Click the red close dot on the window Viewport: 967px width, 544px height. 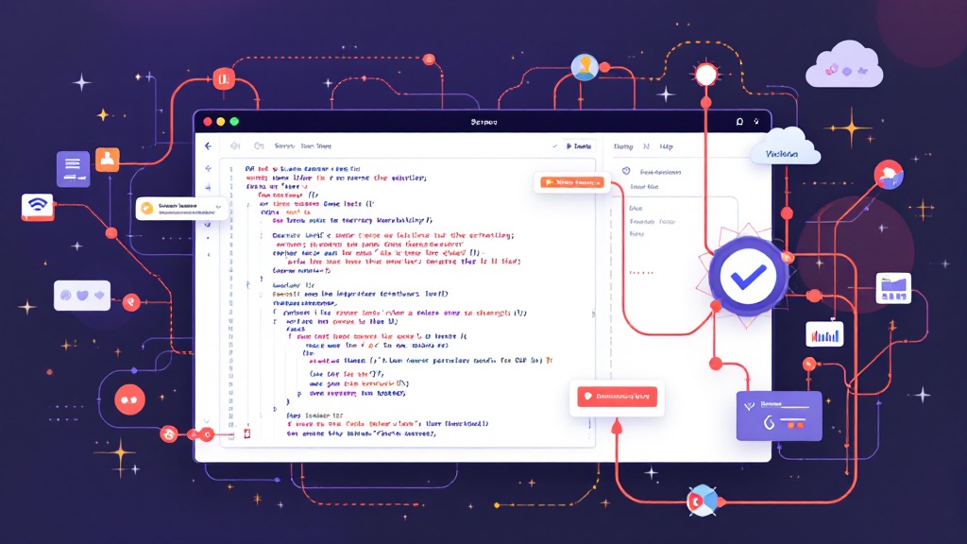coord(207,122)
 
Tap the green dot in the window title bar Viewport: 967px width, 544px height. coord(234,122)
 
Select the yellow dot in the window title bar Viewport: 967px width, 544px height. coord(221,122)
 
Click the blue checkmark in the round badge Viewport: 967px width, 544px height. coord(747,275)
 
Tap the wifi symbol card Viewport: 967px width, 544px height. coord(38,207)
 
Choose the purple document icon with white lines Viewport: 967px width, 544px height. coord(73,168)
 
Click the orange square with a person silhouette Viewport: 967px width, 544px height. coord(108,159)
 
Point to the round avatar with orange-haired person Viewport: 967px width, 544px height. coord(585,67)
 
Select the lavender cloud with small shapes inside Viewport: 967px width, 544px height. coord(844,66)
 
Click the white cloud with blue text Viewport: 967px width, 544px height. coord(782,151)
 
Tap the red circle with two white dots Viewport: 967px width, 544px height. coord(130,400)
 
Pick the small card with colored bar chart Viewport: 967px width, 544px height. coord(824,333)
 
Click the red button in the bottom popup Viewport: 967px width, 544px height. coord(616,397)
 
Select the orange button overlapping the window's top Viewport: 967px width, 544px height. coord(571,181)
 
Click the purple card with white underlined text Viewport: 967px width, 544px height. coord(779,415)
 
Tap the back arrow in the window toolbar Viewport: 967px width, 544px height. coord(208,146)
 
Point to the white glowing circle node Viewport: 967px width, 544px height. coord(705,75)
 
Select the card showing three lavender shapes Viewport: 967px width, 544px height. coord(82,296)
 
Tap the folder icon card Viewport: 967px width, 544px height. coord(892,287)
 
